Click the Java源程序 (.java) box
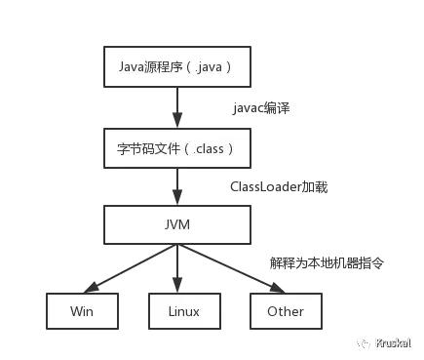pos(175,68)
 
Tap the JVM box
pos(175,225)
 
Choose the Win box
pos(82,311)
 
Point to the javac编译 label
pos(262,108)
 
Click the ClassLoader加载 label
pos(278,185)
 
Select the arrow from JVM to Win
pos(127,268)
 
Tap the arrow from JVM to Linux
pos(176,268)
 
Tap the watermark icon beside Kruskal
pos(363,343)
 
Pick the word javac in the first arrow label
pos(249,108)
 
